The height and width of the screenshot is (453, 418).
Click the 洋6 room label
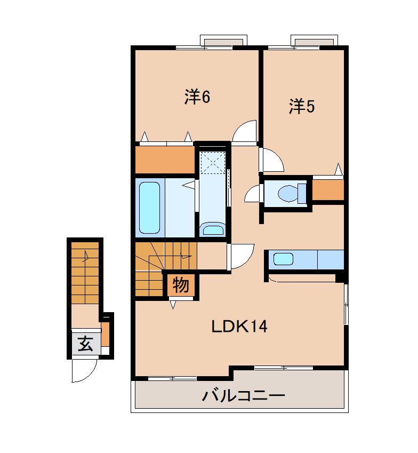[197, 97]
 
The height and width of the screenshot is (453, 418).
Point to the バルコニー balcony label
[243, 396]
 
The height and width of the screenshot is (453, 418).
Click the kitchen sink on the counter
[283, 259]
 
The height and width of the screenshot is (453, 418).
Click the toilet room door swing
[253, 195]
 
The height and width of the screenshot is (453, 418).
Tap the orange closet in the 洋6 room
[164, 160]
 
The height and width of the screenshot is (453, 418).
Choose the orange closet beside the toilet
[327, 190]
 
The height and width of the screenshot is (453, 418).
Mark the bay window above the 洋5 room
[314, 41]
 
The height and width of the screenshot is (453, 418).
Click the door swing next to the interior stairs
[240, 256]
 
